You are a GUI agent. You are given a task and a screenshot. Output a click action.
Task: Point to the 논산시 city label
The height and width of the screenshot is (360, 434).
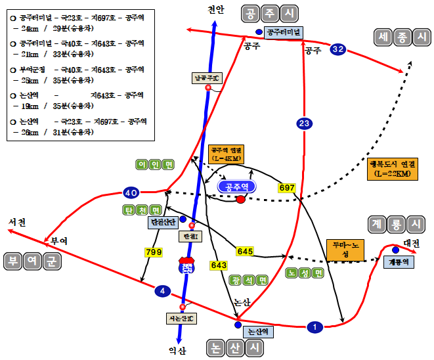232,348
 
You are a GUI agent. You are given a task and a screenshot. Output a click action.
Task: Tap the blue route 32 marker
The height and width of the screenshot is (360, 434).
338,49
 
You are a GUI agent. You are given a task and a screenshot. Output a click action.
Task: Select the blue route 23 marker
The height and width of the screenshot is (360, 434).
304,124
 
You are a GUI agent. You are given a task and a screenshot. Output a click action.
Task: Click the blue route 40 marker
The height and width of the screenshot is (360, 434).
131,192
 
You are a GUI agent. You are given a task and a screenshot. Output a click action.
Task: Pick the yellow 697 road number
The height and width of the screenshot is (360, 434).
287,187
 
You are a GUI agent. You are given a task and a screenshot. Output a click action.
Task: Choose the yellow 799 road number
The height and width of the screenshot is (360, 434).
153,251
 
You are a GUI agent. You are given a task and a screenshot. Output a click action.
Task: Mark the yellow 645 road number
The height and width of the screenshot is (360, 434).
245,251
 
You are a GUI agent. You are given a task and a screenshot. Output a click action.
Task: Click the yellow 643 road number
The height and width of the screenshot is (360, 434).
219,265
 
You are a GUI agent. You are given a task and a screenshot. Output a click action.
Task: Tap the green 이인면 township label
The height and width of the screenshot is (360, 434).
155,164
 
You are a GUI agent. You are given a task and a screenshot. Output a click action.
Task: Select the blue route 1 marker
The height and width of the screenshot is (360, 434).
315,326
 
